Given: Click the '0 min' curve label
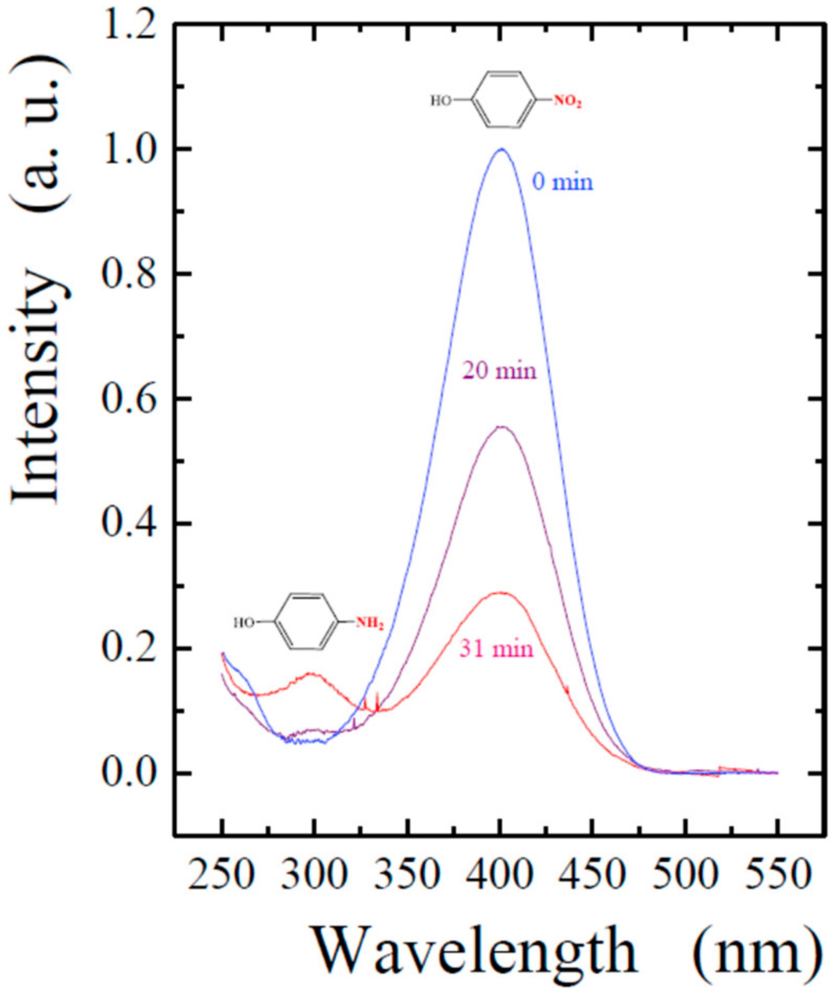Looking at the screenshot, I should (562, 182).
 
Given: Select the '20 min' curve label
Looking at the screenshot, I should (499, 371).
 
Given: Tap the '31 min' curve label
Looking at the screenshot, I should (496, 649).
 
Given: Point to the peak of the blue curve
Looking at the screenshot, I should (502, 149).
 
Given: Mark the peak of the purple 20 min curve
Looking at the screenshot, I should (502, 427).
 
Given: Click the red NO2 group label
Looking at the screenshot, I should (568, 102).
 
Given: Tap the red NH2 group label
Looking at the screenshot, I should (370, 624).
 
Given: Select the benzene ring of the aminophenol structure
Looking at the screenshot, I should (307, 622).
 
